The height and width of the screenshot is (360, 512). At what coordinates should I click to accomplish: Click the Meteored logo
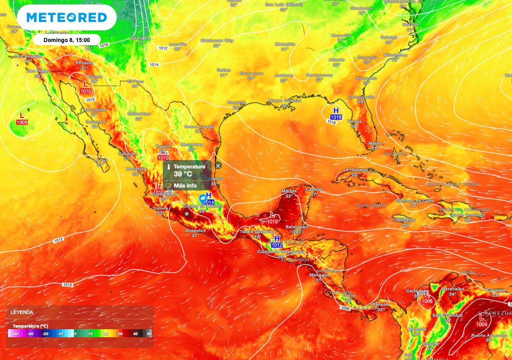[x=66, y=17]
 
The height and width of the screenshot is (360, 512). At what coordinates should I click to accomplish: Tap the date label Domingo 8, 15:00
[x=67, y=39]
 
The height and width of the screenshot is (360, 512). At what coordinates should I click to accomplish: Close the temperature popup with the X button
[x=218, y=165]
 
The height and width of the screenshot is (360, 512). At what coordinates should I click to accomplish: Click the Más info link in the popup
[x=185, y=185]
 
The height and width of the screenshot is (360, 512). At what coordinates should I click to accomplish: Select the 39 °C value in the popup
[x=183, y=174]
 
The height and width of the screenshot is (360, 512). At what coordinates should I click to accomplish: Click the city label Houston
[x=236, y=102]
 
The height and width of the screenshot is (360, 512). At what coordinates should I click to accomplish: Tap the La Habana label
[x=348, y=170]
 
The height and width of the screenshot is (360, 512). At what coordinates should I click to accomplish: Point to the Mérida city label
[x=289, y=190]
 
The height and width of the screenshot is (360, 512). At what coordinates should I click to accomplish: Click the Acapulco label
[x=195, y=230]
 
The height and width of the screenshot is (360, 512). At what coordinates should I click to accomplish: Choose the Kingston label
[x=405, y=220]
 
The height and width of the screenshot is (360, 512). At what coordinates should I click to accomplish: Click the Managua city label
[x=319, y=275]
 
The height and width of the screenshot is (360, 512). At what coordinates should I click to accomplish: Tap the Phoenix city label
[x=84, y=63]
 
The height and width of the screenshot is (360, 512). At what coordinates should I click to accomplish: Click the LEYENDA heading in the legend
[x=22, y=312]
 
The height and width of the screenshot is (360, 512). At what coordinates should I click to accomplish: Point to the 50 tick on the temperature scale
[x=149, y=333]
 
